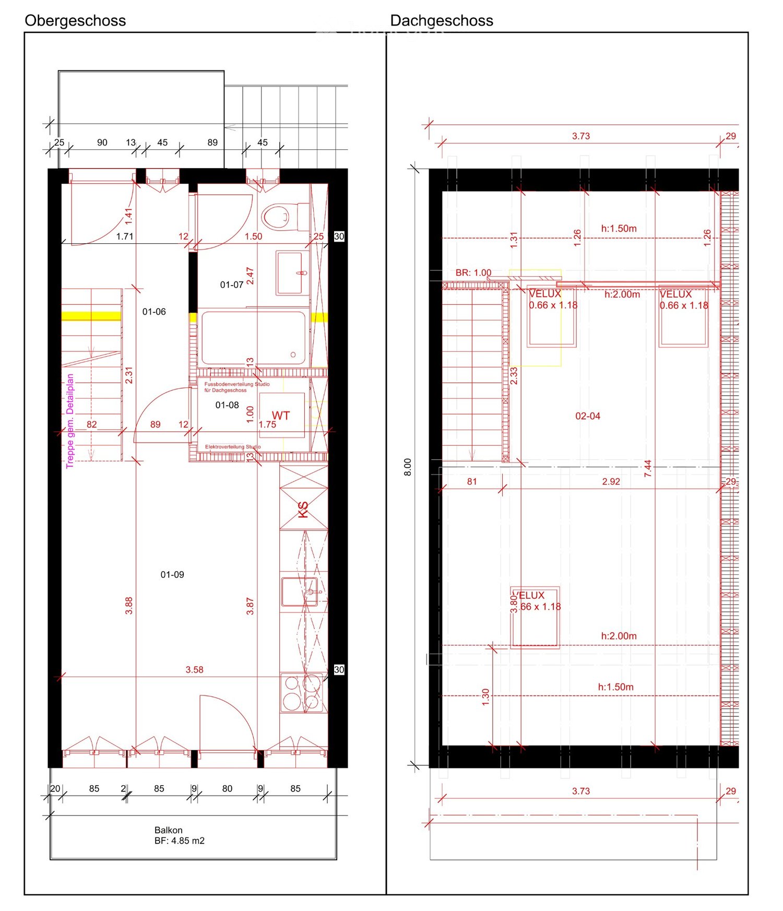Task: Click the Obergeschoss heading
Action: [x=75, y=21]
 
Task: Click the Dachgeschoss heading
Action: [x=441, y=21]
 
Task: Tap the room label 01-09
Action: [x=172, y=574]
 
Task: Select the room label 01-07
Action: [x=231, y=285]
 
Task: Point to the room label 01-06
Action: [x=154, y=312]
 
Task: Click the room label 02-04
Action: [x=587, y=416]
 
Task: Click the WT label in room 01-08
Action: [x=280, y=416]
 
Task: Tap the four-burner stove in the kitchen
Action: [x=302, y=692]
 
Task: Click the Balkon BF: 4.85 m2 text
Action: [x=179, y=835]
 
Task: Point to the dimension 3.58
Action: [x=194, y=670]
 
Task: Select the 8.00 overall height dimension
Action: [x=408, y=467]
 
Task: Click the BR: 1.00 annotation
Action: [x=473, y=273]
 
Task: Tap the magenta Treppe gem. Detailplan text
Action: [x=70, y=421]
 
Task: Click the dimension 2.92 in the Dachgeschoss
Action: [x=611, y=481]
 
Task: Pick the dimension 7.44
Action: [x=648, y=468]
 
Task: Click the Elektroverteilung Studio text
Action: [x=232, y=447]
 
